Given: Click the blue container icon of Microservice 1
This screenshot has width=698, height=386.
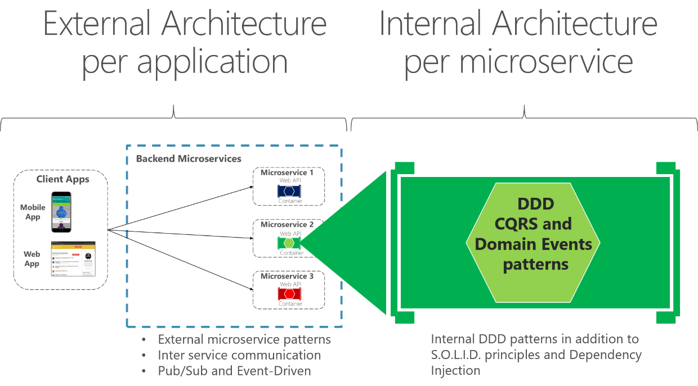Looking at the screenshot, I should tap(289, 191).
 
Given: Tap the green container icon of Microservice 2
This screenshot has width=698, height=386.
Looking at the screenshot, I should tap(289, 243).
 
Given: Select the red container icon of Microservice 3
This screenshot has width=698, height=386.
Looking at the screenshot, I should tap(289, 294).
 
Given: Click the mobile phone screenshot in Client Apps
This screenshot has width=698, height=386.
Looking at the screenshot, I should tap(61, 212).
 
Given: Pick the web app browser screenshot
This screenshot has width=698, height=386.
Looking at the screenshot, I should tap(73, 258).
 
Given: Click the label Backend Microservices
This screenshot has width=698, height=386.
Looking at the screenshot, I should tap(189, 159).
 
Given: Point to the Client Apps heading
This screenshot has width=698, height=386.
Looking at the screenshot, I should tap(63, 179).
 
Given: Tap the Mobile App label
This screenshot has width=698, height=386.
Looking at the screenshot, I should tap(33, 212).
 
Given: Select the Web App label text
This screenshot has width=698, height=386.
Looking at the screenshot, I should tap(32, 258).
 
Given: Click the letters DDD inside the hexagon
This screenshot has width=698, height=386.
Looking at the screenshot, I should tap(535, 203).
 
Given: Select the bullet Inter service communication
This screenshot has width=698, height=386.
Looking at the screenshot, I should tap(239, 355).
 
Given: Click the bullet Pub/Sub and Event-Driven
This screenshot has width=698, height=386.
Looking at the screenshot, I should tap(234, 370).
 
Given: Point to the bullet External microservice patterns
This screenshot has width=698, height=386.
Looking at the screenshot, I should tap(244, 339).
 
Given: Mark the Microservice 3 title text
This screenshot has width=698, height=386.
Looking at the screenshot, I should tap(287, 276).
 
